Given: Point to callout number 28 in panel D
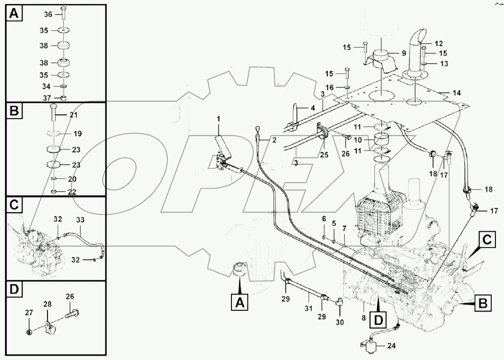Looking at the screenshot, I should [47, 305].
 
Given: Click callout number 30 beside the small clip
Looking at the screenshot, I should [340, 322].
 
